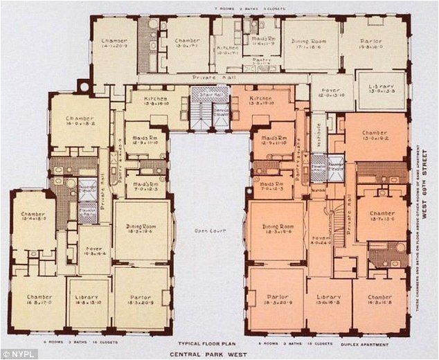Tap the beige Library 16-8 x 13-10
[x=87, y=300]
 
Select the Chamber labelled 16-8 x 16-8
[x=379, y=300]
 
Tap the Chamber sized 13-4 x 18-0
[x=33, y=217]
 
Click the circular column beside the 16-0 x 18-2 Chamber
[x=82, y=87]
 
